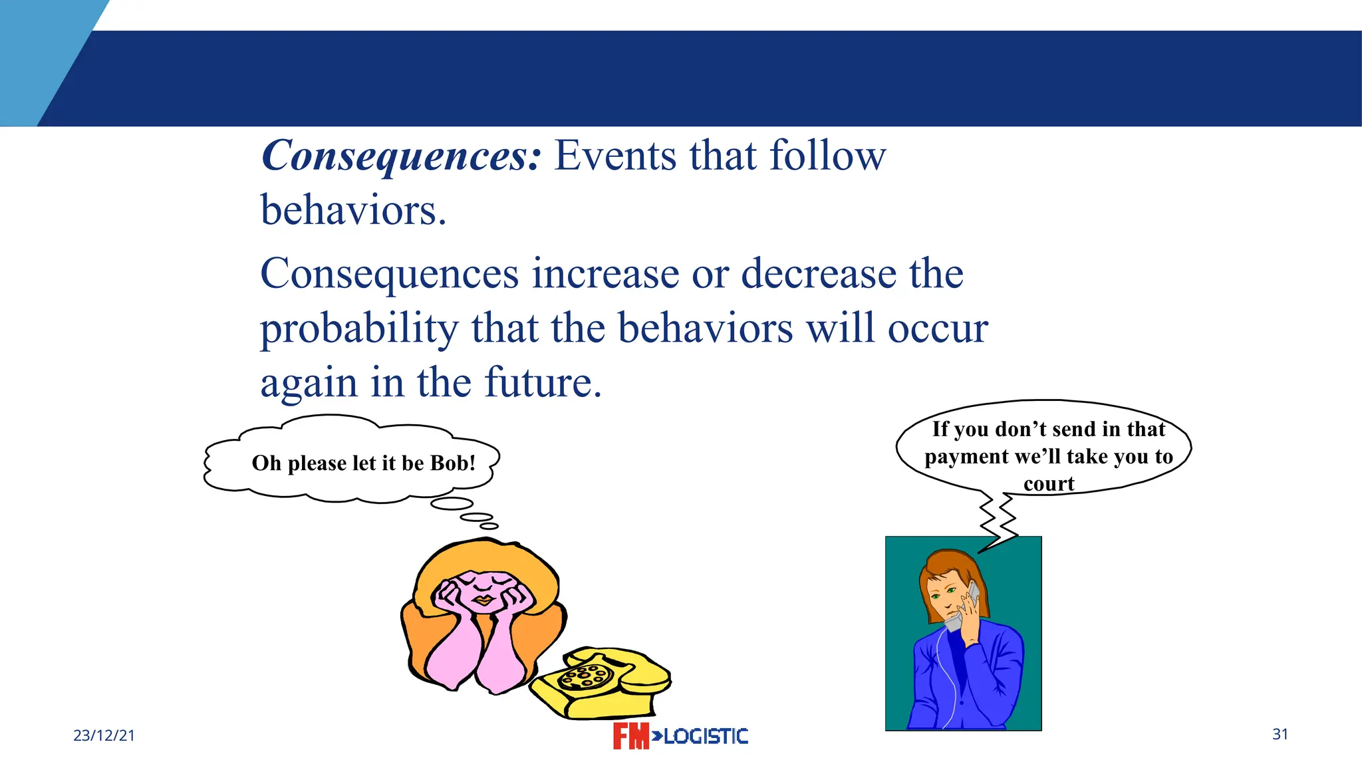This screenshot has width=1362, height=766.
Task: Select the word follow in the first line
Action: pos(827,156)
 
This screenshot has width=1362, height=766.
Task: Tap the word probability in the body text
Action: pos(359,330)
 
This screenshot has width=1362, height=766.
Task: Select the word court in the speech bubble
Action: pos(1049,484)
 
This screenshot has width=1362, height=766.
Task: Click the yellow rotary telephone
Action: pos(602,685)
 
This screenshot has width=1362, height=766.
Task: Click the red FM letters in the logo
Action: pos(630,736)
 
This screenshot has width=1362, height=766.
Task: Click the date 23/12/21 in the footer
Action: pos(104,735)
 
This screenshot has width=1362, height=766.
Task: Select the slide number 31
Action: pos(1280,734)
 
